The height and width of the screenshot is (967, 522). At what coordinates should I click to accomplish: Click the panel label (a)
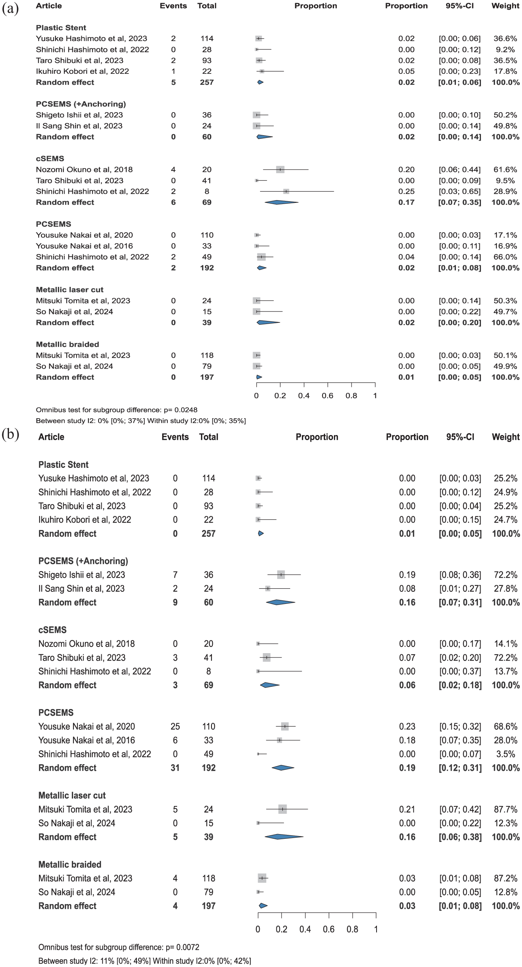[11, 9]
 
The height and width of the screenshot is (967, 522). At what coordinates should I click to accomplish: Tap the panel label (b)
[11, 435]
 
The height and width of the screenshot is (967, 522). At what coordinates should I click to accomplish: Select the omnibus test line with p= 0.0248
[117, 410]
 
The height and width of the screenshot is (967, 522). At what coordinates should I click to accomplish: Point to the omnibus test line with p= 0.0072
[119, 947]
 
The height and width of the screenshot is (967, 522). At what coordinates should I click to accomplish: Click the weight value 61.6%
[505, 170]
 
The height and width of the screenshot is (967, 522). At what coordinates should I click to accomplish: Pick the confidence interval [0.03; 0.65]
[460, 192]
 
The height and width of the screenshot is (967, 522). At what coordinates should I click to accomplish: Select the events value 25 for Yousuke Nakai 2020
[175, 726]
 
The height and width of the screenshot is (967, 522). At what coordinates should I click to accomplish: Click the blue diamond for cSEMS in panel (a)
[281, 202]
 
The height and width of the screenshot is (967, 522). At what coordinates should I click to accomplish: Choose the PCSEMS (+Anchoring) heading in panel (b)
[83, 561]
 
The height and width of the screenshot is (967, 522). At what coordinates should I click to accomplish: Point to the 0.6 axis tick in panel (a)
[328, 396]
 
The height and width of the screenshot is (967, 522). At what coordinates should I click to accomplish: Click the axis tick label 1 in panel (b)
[376, 929]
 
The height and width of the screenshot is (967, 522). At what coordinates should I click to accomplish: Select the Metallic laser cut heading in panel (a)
[70, 290]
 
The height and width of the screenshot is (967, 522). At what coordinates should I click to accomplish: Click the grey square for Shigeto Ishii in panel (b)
[281, 575]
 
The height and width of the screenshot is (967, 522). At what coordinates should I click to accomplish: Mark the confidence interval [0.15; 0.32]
[460, 726]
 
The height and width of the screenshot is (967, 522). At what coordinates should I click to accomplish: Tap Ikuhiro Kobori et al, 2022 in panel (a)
[83, 71]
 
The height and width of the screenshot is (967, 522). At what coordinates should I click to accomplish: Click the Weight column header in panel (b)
[506, 437]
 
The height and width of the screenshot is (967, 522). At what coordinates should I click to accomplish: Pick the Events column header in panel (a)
[173, 6]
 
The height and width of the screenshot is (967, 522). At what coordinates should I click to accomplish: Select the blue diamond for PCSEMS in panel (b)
[283, 768]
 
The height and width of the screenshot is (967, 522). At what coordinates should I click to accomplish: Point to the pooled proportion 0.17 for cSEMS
[407, 202]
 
